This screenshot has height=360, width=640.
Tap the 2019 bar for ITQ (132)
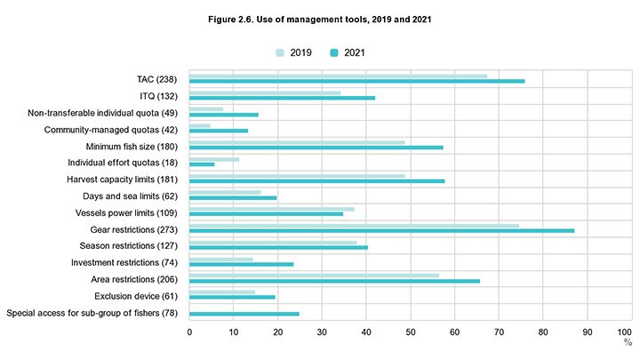265,92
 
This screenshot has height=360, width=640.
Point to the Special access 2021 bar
244,314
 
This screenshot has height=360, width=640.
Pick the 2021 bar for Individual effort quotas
202,164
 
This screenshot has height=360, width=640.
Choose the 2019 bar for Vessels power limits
271,209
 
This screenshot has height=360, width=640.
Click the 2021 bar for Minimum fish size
316,148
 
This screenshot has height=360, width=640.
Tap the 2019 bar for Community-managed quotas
200,125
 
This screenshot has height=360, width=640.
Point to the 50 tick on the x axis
410,331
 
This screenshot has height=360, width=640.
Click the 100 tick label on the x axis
629,331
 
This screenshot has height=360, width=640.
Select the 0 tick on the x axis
189,331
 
